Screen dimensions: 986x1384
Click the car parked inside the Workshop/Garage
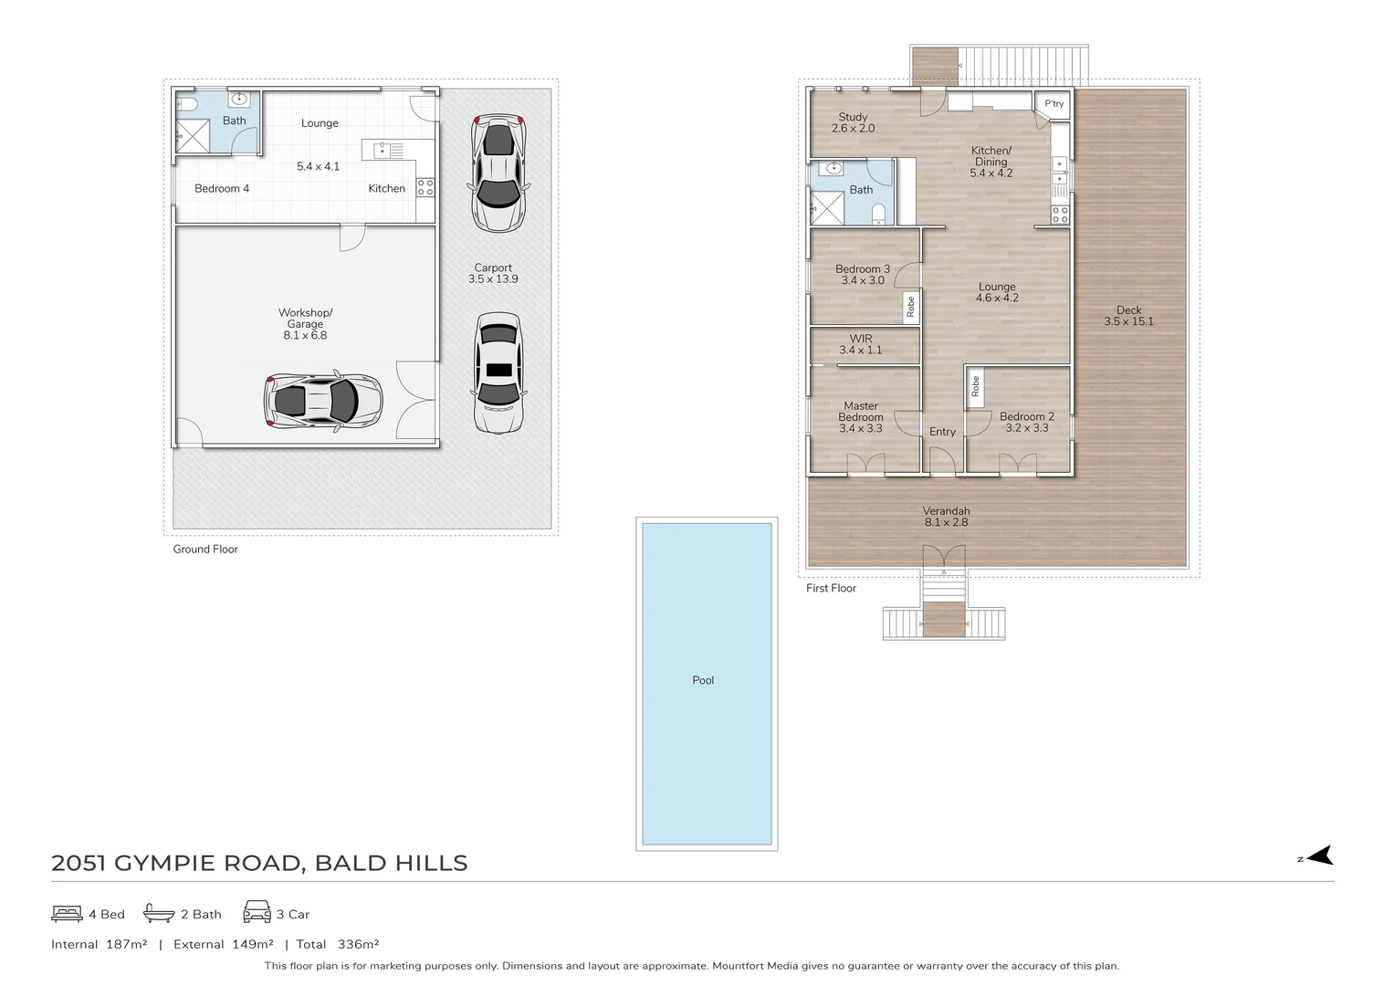(x=323, y=400)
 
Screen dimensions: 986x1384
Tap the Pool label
(x=703, y=680)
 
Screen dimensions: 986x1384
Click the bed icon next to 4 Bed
(x=68, y=913)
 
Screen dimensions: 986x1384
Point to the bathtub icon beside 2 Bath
(x=159, y=913)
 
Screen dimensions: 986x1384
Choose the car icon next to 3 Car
(x=257, y=912)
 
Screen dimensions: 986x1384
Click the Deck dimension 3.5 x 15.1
(x=1128, y=321)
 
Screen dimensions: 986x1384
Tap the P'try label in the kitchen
(x=1054, y=104)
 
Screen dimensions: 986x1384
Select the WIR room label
(x=861, y=339)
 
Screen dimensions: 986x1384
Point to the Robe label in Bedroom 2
(x=975, y=387)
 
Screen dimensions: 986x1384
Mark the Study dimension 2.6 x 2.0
(x=853, y=129)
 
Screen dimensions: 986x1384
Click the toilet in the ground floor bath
(x=183, y=103)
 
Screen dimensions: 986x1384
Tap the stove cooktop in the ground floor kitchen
(x=425, y=187)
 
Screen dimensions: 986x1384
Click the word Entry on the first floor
(x=942, y=432)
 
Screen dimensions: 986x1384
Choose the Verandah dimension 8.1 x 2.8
(x=946, y=522)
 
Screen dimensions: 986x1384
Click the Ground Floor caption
(x=205, y=550)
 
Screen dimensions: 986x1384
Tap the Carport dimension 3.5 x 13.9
(x=493, y=279)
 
